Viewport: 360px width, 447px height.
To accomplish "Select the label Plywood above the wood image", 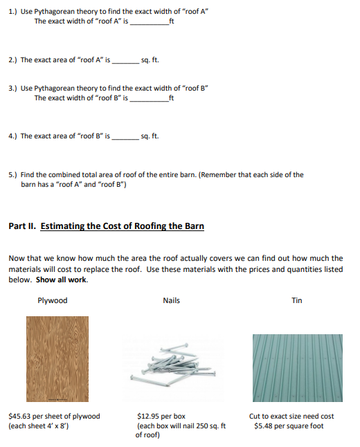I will tap(53, 300).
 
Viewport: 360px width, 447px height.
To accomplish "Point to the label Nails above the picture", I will tap(171, 300).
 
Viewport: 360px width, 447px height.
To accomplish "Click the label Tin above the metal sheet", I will tap(297, 300).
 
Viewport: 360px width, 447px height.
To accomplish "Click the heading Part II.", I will tap(23, 226).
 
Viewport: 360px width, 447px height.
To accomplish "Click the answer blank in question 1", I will tap(149, 21).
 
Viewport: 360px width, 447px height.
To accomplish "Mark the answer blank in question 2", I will tap(125, 60).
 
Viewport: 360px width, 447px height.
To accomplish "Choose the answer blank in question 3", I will tap(149, 98).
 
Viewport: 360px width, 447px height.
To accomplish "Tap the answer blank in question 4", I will tap(125, 136).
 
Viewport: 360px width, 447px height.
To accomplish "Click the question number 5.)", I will tap(12, 175).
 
